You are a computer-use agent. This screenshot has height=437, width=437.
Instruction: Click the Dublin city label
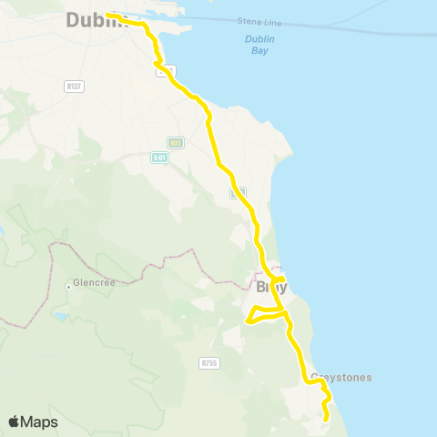click(x=87, y=19)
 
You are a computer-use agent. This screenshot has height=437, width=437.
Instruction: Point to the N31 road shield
click(x=176, y=142)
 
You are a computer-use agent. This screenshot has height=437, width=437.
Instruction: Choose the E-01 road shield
click(x=160, y=157)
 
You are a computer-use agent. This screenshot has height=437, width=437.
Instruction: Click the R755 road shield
click(x=209, y=362)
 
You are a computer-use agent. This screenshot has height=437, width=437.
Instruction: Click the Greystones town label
click(x=341, y=377)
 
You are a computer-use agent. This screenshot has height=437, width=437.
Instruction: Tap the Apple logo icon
click(x=15, y=422)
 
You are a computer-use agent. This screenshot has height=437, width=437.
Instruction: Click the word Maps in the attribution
click(x=40, y=422)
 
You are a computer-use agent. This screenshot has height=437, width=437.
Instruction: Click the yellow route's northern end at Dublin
click(x=108, y=15)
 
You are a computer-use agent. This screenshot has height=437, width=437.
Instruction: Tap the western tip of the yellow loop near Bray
click(x=247, y=320)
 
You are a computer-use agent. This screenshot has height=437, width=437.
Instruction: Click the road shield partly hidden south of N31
click(x=238, y=193)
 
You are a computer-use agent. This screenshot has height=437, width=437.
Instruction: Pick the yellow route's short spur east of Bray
click(x=282, y=279)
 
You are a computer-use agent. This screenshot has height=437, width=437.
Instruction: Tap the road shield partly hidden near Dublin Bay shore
click(x=167, y=70)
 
